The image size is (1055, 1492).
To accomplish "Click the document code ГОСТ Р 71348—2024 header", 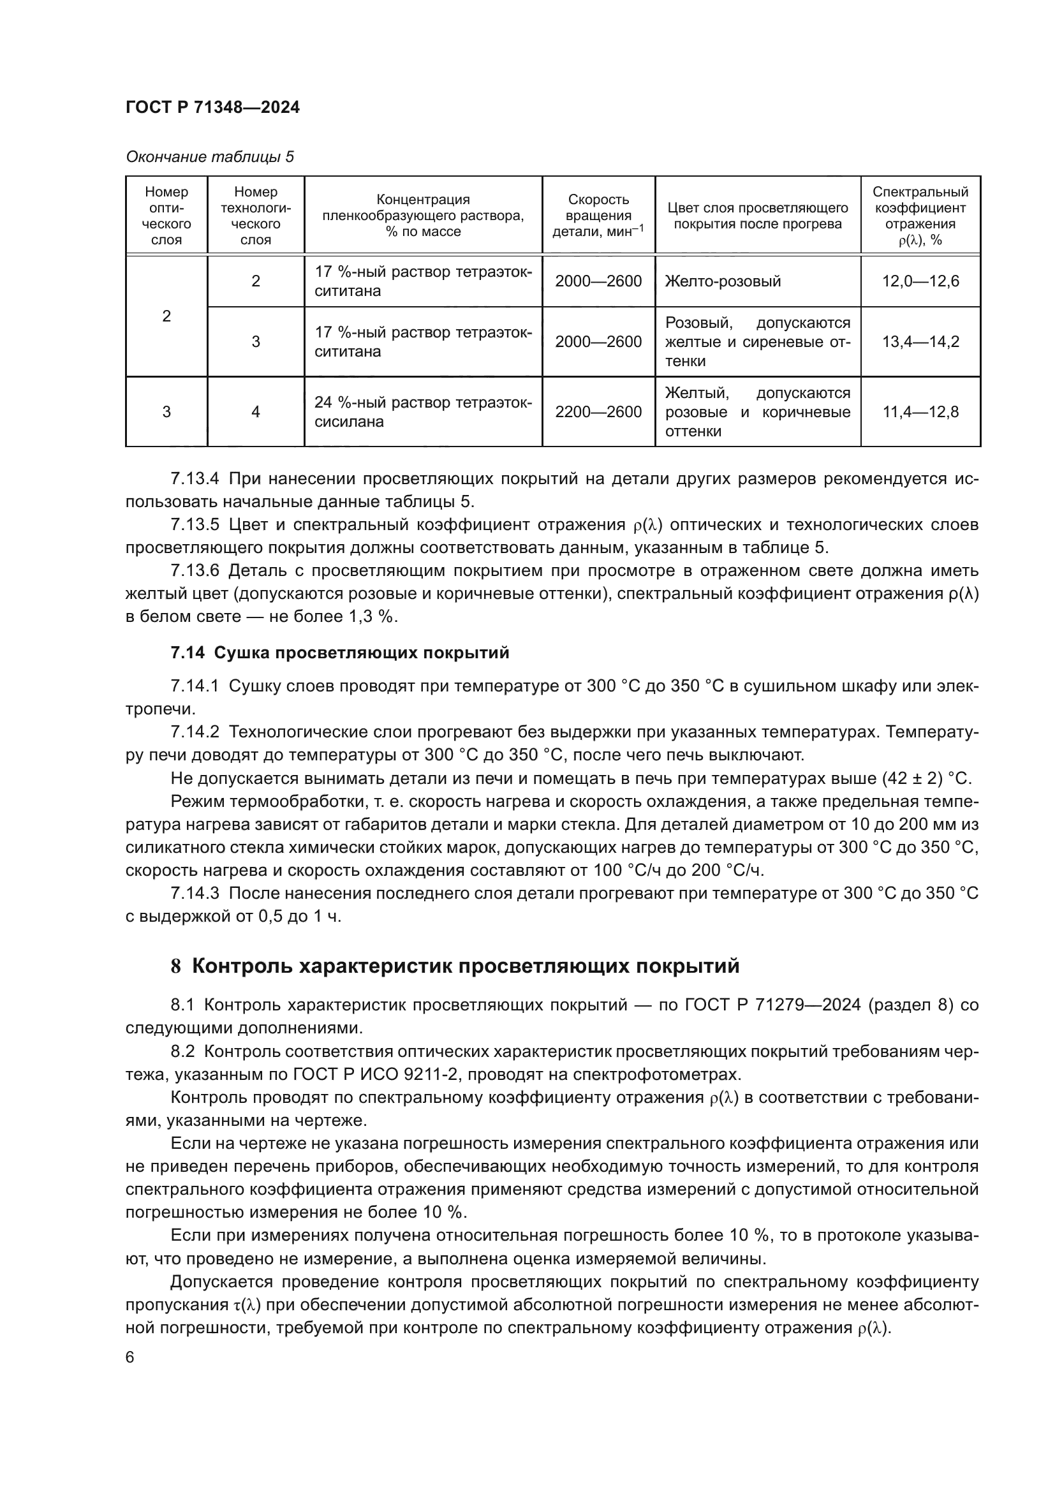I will point(212,108).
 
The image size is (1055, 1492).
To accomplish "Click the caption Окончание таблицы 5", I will point(209,158).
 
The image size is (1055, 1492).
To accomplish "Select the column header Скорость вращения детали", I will point(598,216).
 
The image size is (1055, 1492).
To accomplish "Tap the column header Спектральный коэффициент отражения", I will point(920,216).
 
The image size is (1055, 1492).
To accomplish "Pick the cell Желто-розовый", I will point(723,281).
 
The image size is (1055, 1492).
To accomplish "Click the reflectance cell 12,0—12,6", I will point(920,281).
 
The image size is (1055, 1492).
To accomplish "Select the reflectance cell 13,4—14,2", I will point(920,342).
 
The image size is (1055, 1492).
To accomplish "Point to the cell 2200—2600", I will point(598,412).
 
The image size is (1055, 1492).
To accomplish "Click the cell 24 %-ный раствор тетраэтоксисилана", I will point(423,412).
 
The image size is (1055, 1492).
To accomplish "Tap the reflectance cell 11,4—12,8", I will point(920,412).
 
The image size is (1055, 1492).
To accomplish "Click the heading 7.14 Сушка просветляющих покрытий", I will point(340,653).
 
